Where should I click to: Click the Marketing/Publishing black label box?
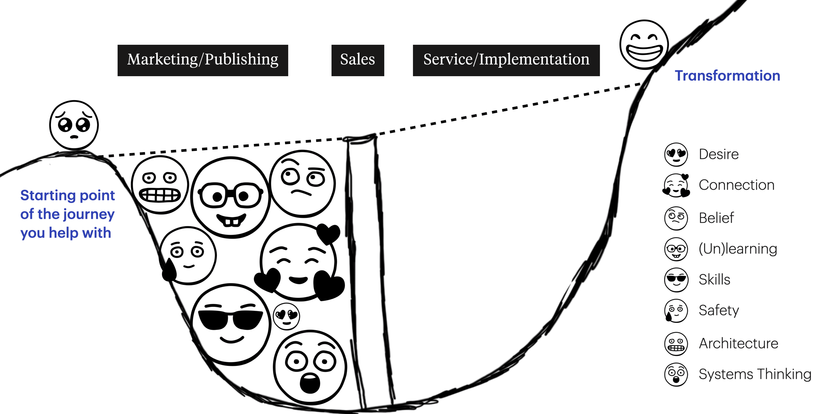coord(203,60)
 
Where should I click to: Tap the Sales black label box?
coord(357,60)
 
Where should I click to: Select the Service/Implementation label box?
coord(506,60)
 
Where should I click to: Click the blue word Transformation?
coord(727,76)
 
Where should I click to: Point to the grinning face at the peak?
coord(644,44)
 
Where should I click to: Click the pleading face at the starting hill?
coord(74,125)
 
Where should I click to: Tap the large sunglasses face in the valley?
coord(231,324)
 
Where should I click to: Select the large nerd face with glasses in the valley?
coord(231,198)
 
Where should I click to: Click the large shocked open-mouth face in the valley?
coord(310,368)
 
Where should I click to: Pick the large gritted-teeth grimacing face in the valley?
coord(160,185)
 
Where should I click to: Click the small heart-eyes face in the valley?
coord(286,316)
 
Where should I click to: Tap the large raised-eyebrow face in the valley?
coord(302,184)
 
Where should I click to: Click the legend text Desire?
coord(718,154)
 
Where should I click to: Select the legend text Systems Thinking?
coord(755,374)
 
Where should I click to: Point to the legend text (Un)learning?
coord(738,249)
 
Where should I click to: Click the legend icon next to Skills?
coord(676,280)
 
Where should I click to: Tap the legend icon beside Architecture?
coord(676,344)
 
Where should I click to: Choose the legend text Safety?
coord(718,310)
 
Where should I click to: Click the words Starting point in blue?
coord(67,195)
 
